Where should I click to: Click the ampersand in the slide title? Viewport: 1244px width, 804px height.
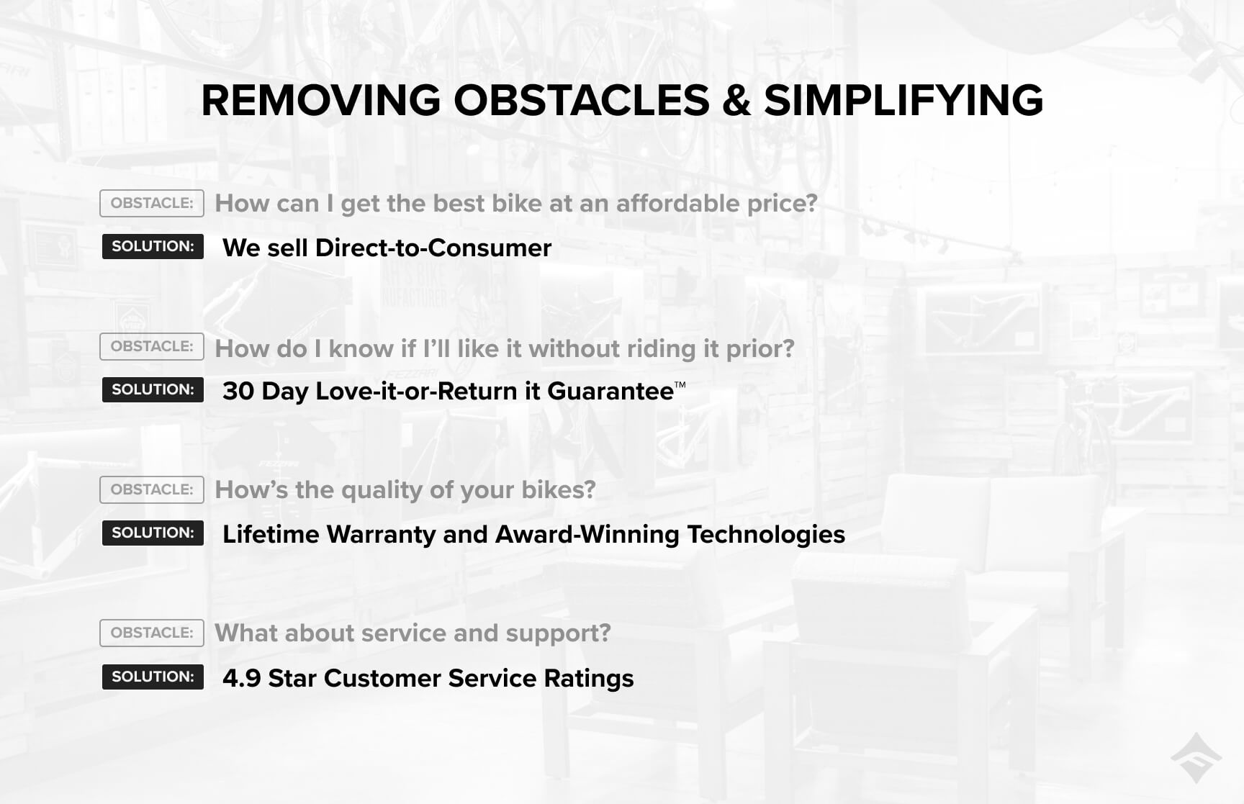736,100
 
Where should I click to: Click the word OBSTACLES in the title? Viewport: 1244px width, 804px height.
582,100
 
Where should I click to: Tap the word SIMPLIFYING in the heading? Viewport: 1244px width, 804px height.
903,100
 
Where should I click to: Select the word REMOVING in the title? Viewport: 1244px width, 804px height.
321,100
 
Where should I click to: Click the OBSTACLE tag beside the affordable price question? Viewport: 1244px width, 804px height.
152,203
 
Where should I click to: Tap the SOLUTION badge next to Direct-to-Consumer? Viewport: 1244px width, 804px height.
153,246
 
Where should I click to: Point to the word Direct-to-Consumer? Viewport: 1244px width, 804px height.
433,248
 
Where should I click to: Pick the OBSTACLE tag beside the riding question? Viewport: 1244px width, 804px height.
152,346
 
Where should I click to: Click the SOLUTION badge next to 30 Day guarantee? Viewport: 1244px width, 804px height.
153,389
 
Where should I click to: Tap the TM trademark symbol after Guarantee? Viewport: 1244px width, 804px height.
680,384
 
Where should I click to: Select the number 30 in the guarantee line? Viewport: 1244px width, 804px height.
238,391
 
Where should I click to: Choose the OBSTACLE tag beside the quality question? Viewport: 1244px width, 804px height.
152,489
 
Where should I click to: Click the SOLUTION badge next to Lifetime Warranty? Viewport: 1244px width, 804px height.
153,533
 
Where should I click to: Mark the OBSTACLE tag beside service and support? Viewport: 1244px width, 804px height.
152,633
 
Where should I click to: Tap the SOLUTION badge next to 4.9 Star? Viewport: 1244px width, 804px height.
153,677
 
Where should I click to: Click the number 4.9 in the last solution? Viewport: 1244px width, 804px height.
242,678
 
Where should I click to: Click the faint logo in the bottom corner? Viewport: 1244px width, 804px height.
1196,758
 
